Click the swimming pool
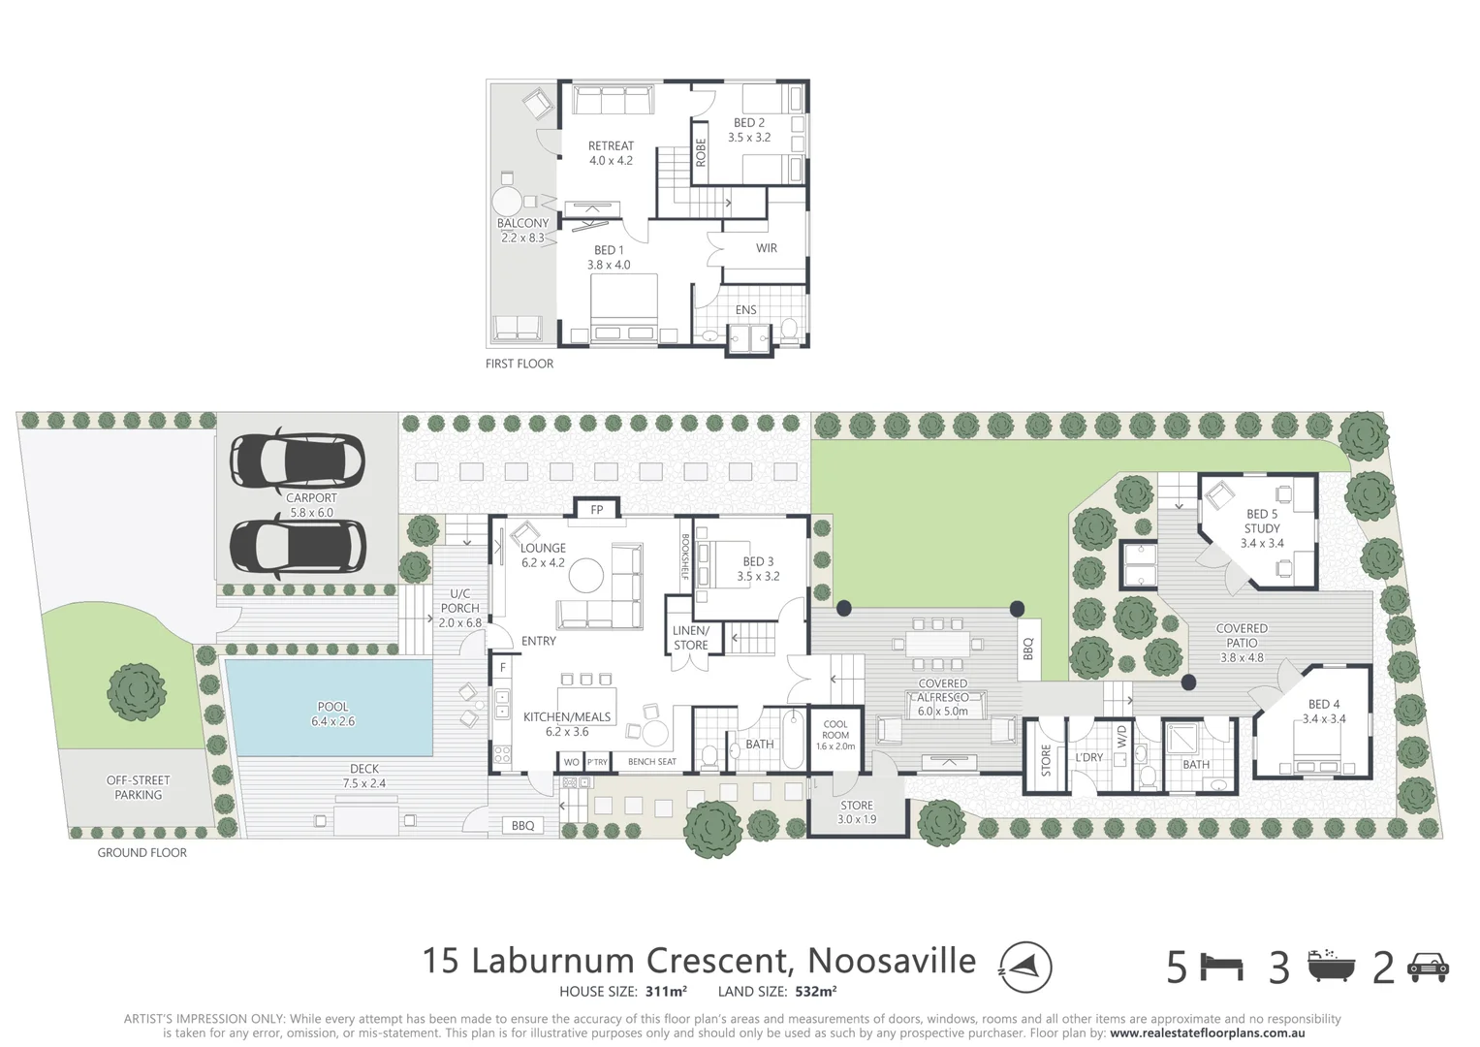click(x=330, y=708)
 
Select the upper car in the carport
click(x=297, y=460)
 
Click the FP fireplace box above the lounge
click(x=597, y=510)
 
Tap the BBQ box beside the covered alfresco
click(x=1028, y=649)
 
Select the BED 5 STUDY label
click(x=1261, y=528)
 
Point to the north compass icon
click(x=1025, y=967)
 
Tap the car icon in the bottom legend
click(x=1428, y=967)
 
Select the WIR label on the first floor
click(x=767, y=248)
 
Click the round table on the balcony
click(x=507, y=203)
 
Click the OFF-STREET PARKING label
click(x=138, y=787)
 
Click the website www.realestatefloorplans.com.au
click(x=1207, y=1033)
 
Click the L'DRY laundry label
click(x=1088, y=757)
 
